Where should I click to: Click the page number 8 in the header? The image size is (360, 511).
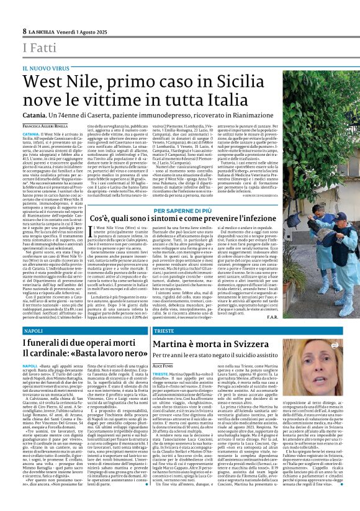[x=25, y=31]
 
